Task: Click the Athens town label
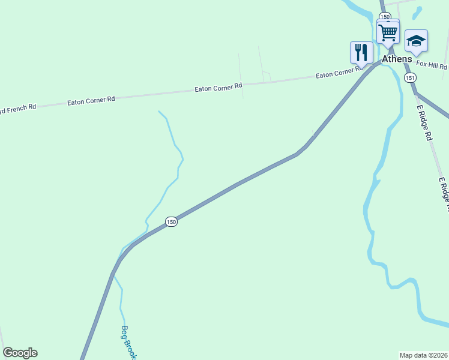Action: [x=397, y=59]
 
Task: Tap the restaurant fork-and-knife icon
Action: [x=361, y=52]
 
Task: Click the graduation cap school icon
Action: [x=416, y=41]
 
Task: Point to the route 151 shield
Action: [x=410, y=78]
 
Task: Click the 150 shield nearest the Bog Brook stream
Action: [x=172, y=222]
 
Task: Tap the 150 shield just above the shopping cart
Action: [x=385, y=17]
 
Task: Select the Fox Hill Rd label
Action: [x=432, y=65]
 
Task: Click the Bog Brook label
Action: [x=128, y=342]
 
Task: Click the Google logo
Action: [x=20, y=353]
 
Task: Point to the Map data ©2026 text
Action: [x=424, y=355]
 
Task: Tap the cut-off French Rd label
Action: [x=18, y=107]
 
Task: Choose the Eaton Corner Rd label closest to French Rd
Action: [x=91, y=100]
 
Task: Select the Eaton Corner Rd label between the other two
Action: [x=218, y=88]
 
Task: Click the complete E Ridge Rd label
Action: [x=424, y=122]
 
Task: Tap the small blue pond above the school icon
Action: [x=417, y=12]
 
